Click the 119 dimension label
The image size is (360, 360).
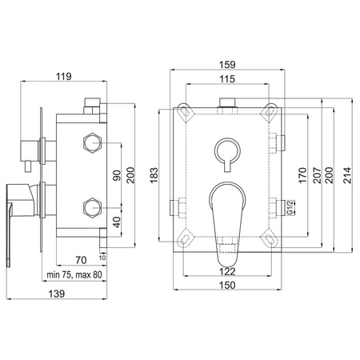pos(64,77)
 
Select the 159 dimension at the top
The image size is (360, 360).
pos(227,65)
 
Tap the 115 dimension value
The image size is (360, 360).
pos(227,79)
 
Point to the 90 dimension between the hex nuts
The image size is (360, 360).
pos(117,175)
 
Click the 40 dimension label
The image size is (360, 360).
pos(117,222)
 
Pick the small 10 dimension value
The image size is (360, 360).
pos(102,258)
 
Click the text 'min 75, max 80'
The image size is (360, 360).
pos(74,274)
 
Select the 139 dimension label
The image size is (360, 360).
pos(57,294)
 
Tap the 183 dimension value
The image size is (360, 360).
pos(154,175)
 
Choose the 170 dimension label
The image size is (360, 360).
pos(302,175)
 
